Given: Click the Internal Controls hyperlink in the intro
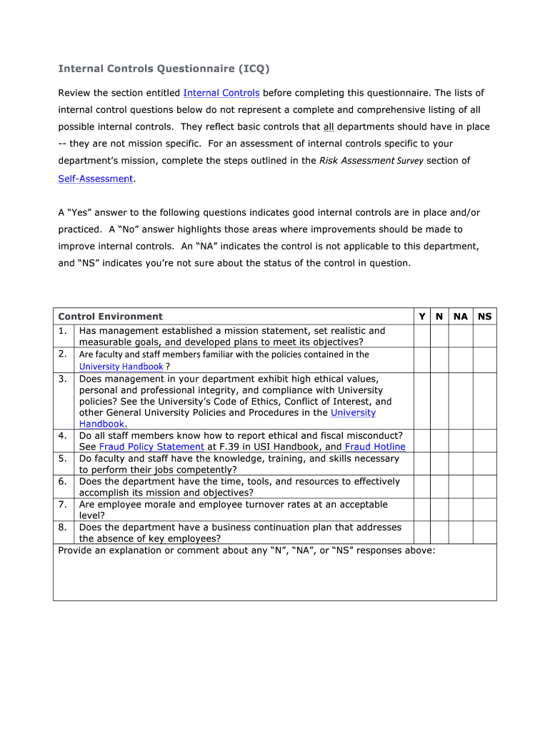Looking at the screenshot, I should [x=221, y=93].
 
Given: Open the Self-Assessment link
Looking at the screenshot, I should [x=96, y=179].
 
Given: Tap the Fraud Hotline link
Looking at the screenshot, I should [x=375, y=447].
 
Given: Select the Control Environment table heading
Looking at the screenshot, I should [x=110, y=317].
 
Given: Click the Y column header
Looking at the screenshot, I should [x=421, y=317].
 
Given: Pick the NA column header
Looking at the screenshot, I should [x=461, y=317].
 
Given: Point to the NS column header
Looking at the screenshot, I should [x=484, y=317].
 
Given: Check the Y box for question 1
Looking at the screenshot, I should [x=421, y=336].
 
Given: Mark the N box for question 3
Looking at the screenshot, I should [x=439, y=401].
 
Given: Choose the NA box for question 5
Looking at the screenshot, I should [x=461, y=464].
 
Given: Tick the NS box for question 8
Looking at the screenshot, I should [x=484, y=533].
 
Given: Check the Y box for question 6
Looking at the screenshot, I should [x=421, y=487].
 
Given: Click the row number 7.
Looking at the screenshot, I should [x=63, y=505].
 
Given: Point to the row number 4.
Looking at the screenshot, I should [x=63, y=435].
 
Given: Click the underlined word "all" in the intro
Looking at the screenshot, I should [x=329, y=127].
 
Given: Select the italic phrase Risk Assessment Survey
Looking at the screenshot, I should [x=371, y=162].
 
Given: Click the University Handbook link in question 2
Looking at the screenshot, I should [x=121, y=367].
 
